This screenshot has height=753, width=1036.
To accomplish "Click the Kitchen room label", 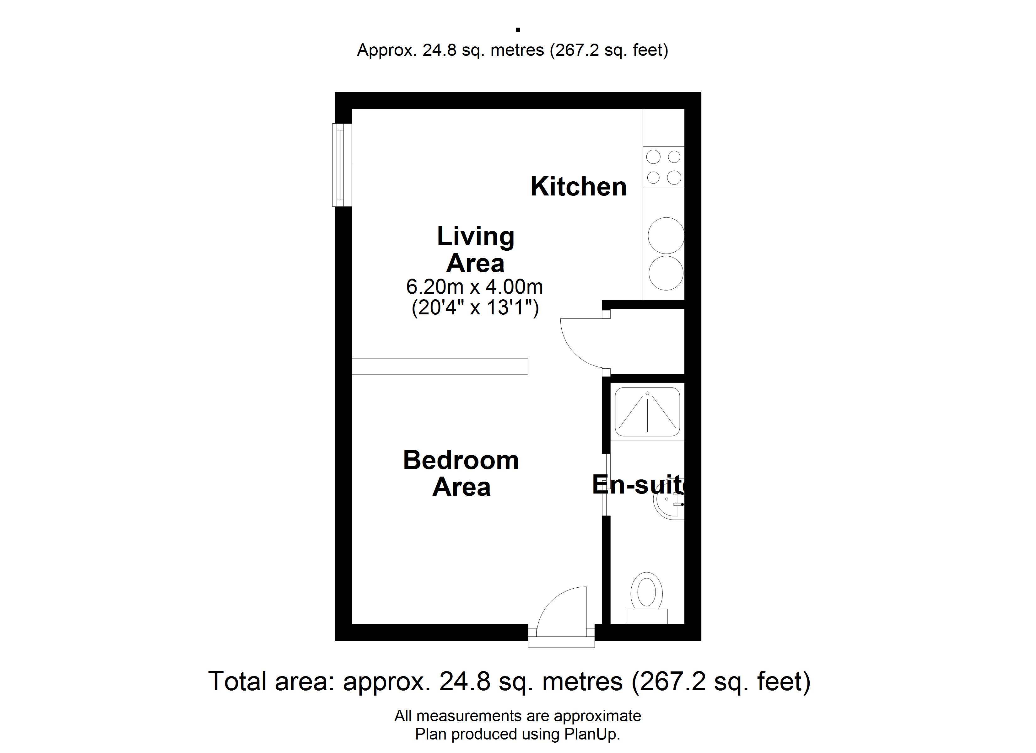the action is click(x=578, y=187).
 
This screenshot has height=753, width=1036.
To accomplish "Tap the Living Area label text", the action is click(x=476, y=249).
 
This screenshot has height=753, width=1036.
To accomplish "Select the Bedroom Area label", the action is click(x=461, y=473).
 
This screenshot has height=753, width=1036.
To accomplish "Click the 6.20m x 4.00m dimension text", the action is click(x=475, y=287).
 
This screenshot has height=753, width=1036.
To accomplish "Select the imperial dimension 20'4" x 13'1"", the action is click(x=475, y=307).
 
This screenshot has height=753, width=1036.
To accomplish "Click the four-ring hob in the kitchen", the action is click(x=664, y=167).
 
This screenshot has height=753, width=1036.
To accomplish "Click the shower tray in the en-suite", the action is click(x=647, y=412).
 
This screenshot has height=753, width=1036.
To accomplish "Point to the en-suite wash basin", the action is click(x=669, y=505).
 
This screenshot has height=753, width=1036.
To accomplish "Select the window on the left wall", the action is click(x=342, y=165).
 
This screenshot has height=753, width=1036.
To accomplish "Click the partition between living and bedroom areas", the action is click(x=440, y=366).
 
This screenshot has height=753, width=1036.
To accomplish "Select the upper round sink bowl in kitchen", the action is click(x=666, y=236).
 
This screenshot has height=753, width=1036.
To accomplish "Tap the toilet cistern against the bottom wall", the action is click(x=646, y=617).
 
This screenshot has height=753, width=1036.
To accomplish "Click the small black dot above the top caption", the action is click(x=518, y=30).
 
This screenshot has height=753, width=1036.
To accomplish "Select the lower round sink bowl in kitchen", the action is click(x=666, y=273).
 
